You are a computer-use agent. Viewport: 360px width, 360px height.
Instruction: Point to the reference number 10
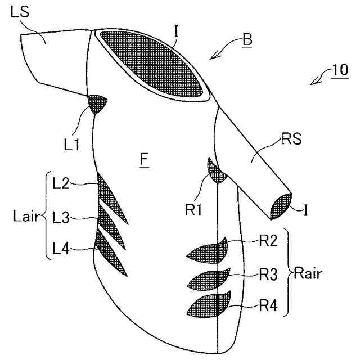click(x=339, y=71)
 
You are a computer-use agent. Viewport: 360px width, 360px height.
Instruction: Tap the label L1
click(x=71, y=145)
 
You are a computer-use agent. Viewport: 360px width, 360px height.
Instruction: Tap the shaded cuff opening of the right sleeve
click(x=280, y=205)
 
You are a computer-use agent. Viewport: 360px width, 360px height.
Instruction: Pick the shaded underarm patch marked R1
click(x=216, y=171)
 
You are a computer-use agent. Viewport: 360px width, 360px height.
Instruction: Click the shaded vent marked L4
click(x=110, y=250)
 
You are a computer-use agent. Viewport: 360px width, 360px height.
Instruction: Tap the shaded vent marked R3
click(x=209, y=278)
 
